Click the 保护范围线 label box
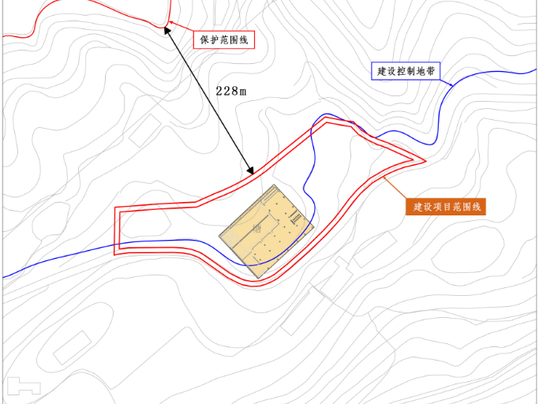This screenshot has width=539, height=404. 225,39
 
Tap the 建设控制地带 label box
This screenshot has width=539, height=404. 406,71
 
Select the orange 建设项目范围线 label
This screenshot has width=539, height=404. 447,207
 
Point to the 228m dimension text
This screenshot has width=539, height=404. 231,91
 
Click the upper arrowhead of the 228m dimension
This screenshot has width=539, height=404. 167,29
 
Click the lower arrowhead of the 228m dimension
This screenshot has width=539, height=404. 251,171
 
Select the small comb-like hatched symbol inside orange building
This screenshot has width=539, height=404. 298,215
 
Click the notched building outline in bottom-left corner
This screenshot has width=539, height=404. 24,387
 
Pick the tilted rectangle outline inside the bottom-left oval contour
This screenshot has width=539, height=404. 72,348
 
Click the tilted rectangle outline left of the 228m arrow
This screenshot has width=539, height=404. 145,130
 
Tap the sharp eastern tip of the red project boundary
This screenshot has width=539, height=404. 425,160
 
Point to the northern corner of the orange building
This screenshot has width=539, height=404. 274,185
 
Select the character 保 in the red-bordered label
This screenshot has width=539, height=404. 204,39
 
